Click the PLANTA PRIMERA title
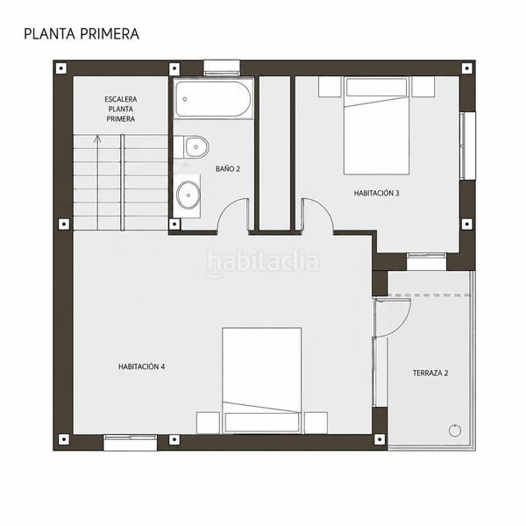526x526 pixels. (82, 34)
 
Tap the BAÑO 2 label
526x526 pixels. (228, 168)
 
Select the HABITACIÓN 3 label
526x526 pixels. (376, 193)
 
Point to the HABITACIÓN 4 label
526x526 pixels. (141, 366)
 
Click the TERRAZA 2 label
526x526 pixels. (430, 373)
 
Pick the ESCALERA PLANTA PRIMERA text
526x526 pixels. (121, 109)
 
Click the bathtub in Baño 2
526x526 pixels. (213, 99)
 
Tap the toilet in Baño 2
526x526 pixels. (191, 147)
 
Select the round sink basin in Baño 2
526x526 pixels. (188, 195)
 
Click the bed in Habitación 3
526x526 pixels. (376, 125)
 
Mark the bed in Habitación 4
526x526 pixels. (261, 380)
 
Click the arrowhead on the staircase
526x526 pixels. (97, 139)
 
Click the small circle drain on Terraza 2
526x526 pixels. (454, 430)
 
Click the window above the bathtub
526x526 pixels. (222, 68)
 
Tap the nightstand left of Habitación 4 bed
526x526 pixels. (208, 423)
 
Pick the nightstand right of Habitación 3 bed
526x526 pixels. (423, 87)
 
